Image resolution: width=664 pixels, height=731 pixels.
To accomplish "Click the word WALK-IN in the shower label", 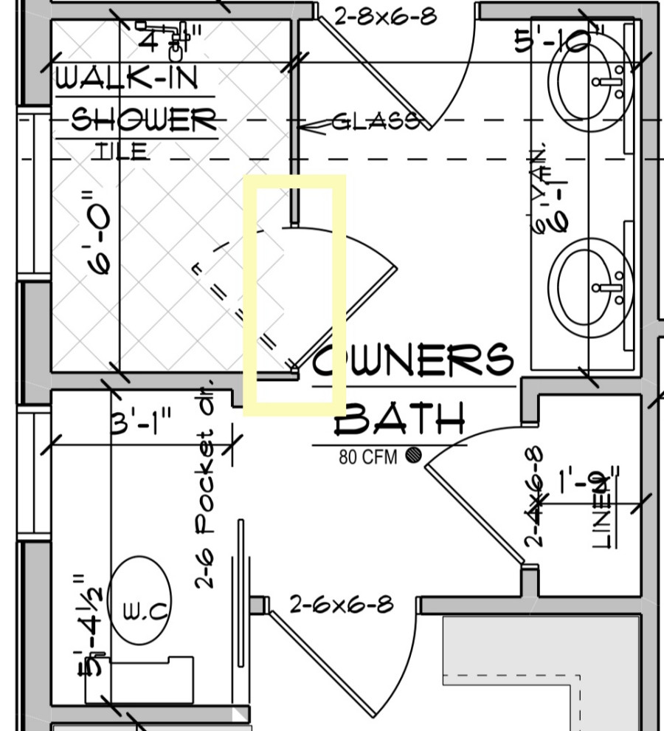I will click(x=127, y=77).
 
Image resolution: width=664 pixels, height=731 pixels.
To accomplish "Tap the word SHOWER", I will click(x=143, y=119).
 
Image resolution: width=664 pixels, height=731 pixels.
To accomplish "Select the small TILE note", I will click(x=120, y=151).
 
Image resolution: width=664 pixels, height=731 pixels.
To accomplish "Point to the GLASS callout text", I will click(x=375, y=121).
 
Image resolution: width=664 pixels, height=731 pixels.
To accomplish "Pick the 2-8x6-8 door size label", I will click(x=385, y=16).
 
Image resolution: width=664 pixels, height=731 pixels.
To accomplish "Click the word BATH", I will click(x=401, y=419).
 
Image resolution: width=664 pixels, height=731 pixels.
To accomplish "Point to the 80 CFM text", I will click(x=367, y=457).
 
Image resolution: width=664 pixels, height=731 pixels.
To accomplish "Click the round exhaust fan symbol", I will click(x=413, y=455).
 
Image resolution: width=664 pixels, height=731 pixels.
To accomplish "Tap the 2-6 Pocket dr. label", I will click(x=204, y=486).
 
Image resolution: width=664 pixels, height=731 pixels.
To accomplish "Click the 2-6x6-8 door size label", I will click(x=341, y=605).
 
